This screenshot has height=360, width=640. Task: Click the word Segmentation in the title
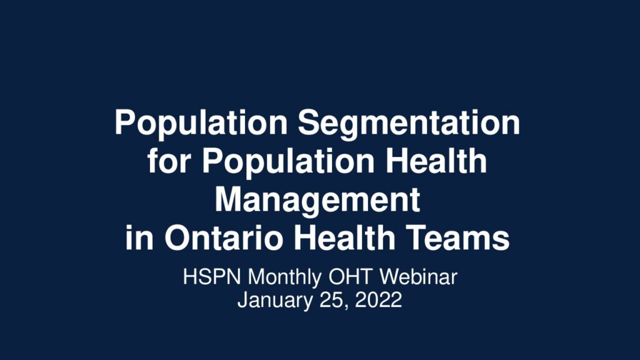coord(409,124)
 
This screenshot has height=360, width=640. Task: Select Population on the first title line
coord(201,123)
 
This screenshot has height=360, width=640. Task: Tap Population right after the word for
coord(289,162)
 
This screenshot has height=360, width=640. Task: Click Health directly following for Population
coord(436,161)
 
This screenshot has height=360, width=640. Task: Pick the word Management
coord(317,201)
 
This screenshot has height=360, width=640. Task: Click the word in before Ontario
coord(139,238)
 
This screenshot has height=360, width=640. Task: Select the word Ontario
coord(224,238)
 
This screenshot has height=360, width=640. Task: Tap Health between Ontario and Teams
coord(344,238)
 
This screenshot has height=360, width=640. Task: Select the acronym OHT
coord(351,277)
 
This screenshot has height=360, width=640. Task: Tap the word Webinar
coord(419,277)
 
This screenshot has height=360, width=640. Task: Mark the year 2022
coord(378,300)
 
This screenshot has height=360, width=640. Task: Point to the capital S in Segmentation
coord(309,122)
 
